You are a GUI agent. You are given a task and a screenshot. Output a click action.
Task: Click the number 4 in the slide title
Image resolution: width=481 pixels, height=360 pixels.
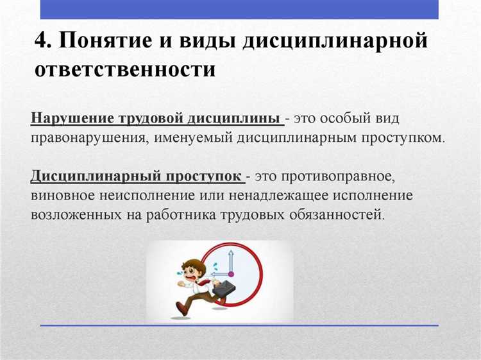click(43, 41)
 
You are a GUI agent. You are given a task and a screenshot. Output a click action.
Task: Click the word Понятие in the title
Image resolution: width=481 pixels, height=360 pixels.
click(110, 41)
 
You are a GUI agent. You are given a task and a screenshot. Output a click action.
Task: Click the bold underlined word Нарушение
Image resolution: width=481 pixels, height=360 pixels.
click(71, 119)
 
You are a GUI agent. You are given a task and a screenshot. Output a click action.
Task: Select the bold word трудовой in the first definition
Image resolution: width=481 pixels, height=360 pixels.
click(150, 119)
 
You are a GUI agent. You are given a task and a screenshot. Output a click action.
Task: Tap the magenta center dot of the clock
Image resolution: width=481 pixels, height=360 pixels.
click(230, 274)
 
